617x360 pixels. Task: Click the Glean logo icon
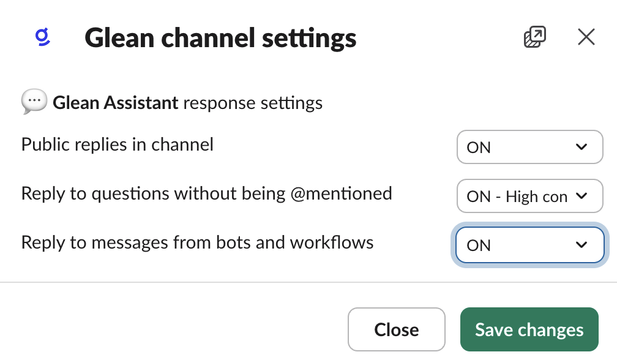(x=42, y=37)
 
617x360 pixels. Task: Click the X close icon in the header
(x=586, y=37)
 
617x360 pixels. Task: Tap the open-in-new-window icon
(x=535, y=37)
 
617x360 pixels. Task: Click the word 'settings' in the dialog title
(x=309, y=39)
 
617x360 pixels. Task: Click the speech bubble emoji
(x=34, y=102)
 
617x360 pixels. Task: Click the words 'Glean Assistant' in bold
(x=115, y=103)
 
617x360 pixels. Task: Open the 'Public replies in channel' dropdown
(x=529, y=147)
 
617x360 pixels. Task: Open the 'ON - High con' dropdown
(x=529, y=196)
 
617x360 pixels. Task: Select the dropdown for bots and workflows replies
(x=529, y=245)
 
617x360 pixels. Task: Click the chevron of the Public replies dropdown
(x=581, y=147)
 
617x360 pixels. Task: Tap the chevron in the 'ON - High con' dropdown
(x=581, y=196)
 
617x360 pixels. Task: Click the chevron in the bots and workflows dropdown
(x=581, y=245)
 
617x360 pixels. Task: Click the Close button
(x=396, y=329)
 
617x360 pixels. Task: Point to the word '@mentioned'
(x=341, y=193)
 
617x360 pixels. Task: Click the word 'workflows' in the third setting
(x=332, y=242)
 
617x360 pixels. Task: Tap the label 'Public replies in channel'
(x=118, y=144)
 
